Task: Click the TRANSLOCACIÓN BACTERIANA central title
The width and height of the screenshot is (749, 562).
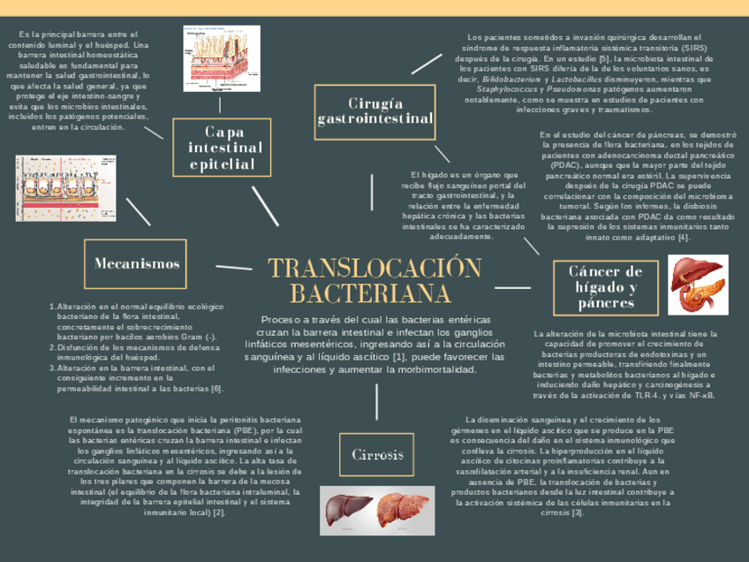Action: pyautogui.click(x=374, y=280)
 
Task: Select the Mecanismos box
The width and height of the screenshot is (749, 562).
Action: pyautogui.click(x=136, y=263)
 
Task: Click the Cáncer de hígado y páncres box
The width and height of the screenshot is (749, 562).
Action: pyautogui.click(x=605, y=287)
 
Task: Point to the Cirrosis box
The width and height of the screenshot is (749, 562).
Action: pyautogui.click(x=377, y=455)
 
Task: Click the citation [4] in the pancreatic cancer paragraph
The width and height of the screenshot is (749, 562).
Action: pyautogui.click(x=684, y=237)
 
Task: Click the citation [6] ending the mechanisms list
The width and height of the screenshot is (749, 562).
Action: pyautogui.click(x=216, y=388)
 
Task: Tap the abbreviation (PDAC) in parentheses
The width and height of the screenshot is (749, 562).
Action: pyautogui.click(x=565, y=165)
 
